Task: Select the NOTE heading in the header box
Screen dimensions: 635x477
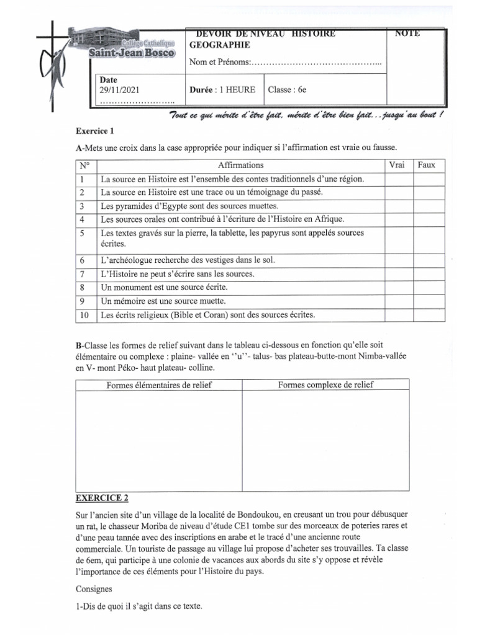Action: click(x=407, y=33)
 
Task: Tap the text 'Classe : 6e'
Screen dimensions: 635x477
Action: click(x=287, y=89)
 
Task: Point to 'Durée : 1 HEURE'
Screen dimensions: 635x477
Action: click(x=222, y=89)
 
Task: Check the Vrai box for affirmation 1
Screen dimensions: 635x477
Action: click(x=398, y=179)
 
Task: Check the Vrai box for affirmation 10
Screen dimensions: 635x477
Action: click(x=398, y=315)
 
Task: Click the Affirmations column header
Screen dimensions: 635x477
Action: click(x=240, y=165)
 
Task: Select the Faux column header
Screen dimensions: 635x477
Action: click(x=427, y=165)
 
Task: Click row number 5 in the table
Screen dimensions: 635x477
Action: click(x=82, y=234)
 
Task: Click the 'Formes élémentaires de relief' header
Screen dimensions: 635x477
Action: click(x=158, y=385)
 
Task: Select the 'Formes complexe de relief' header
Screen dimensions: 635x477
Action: click(x=325, y=385)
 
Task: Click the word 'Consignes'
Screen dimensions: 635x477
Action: click(x=94, y=588)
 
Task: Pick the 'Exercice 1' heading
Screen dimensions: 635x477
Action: click(x=95, y=131)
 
